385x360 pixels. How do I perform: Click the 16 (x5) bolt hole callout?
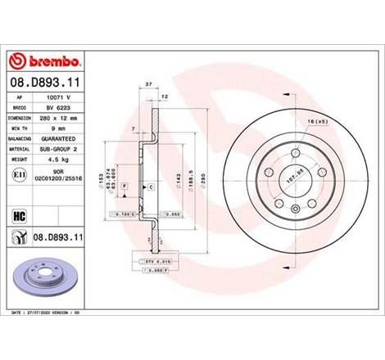coord(317,120)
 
